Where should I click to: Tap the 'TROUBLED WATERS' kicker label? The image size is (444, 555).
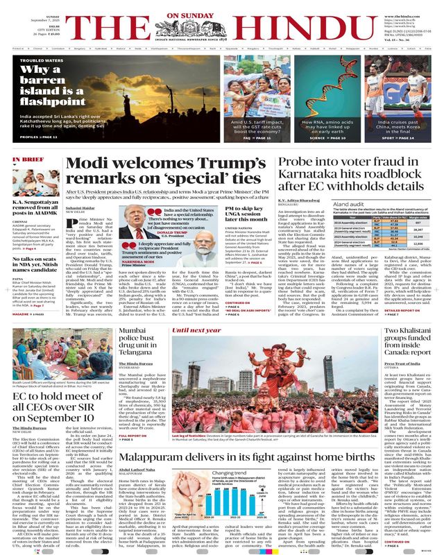(x=38, y=60)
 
